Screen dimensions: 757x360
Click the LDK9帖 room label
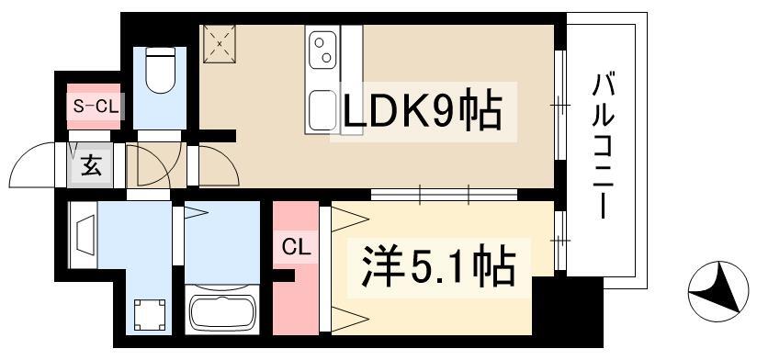[423, 112]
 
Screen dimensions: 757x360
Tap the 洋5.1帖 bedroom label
[439, 266]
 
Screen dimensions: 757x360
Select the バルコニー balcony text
[602, 146]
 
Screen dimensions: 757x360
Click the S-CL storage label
[96, 107]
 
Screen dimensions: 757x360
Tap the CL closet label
[296, 248]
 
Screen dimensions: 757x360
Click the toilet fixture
[160, 70]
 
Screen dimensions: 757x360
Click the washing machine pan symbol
[149, 314]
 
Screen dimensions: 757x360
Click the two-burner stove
[323, 50]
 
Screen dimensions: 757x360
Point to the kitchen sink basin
[322, 110]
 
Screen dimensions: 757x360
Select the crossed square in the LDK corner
[220, 44]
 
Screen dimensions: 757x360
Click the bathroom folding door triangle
[196, 212]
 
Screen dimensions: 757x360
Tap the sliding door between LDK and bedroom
[444, 195]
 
